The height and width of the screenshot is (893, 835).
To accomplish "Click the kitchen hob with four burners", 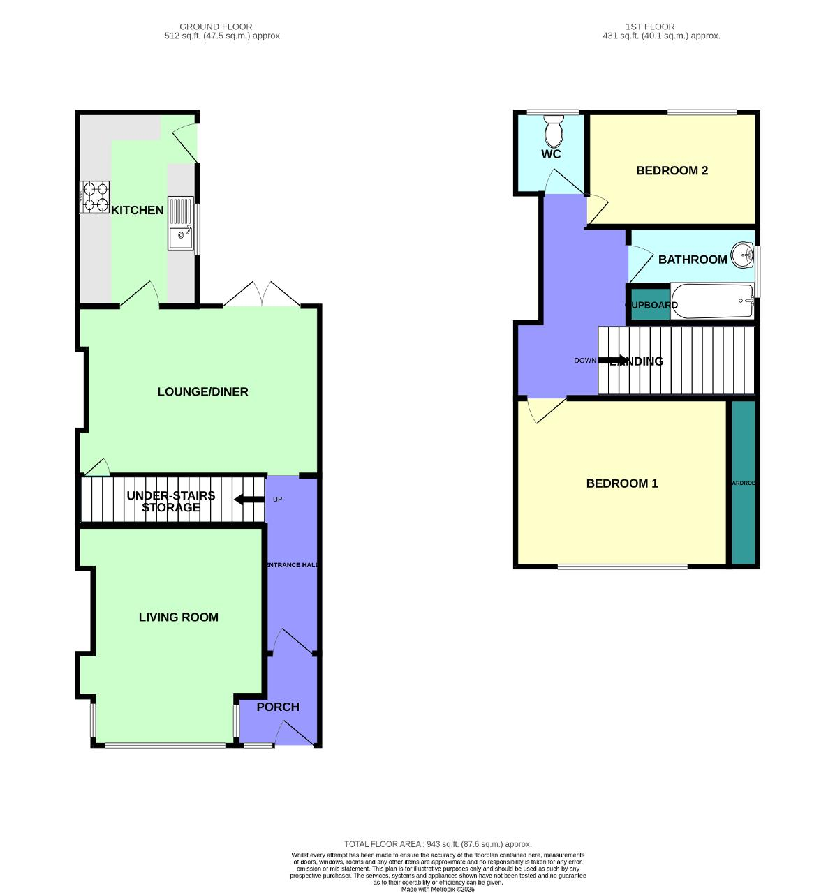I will [x=94, y=197].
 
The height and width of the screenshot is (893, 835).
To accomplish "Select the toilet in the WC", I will [x=554, y=130].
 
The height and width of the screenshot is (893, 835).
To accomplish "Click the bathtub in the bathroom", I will [x=711, y=301].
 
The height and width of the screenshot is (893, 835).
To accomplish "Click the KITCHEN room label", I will [x=138, y=210].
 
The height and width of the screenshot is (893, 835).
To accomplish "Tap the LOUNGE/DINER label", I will [x=202, y=391].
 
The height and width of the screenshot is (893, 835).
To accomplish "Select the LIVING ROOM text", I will [x=178, y=617].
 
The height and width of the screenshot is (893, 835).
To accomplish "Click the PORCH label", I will [x=278, y=707].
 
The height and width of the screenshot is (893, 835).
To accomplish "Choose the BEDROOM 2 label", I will [x=672, y=170].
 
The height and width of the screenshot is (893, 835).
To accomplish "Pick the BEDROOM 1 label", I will [x=621, y=483].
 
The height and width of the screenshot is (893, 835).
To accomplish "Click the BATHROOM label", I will [x=693, y=259].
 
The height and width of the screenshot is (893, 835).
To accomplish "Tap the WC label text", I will [x=551, y=153].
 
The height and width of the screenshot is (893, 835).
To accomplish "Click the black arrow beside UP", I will [x=249, y=500].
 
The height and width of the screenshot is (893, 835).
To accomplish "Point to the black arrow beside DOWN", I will [x=614, y=360].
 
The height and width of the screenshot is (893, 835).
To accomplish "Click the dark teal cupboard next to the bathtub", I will [x=647, y=305].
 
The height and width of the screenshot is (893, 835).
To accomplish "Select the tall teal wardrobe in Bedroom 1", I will [x=743, y=483].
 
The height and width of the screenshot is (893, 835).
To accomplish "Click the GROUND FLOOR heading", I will [x=216, y=27].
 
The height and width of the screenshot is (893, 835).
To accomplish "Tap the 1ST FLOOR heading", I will [x=649, y=27].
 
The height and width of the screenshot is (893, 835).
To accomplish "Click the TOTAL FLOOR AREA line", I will [x=438, y=844].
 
